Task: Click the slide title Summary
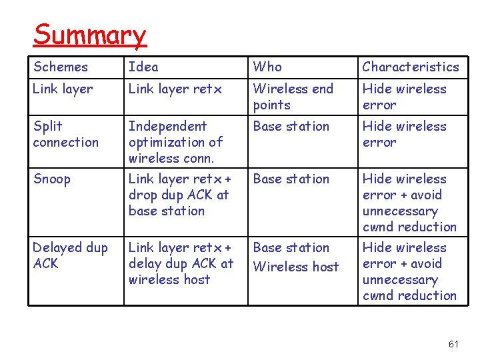(x=89, y=35)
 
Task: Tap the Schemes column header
(x=61, y=67)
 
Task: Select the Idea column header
(x=143, y=67)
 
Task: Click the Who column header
(x=267, y=67)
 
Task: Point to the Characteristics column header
(x=410, y=67)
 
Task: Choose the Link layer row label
(x=63, y=89)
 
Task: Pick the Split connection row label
(x=65, y=134)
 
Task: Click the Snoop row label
(x=52, y=179)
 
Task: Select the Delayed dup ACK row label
(x=70, y=255)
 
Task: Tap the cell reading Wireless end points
(x=293, y=97)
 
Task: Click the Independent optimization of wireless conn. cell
(x=175, y=142)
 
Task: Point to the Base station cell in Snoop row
(x=291, y=179)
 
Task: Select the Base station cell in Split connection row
(x=291, y=127)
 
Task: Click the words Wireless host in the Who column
(x=296, y=267)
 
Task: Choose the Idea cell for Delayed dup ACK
(x=181, y=263)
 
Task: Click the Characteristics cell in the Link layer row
(x=404, y=97)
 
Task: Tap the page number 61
(x=454, y=344)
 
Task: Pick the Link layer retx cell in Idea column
(x=175, y=89)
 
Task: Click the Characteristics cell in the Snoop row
(x=409, y=203)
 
